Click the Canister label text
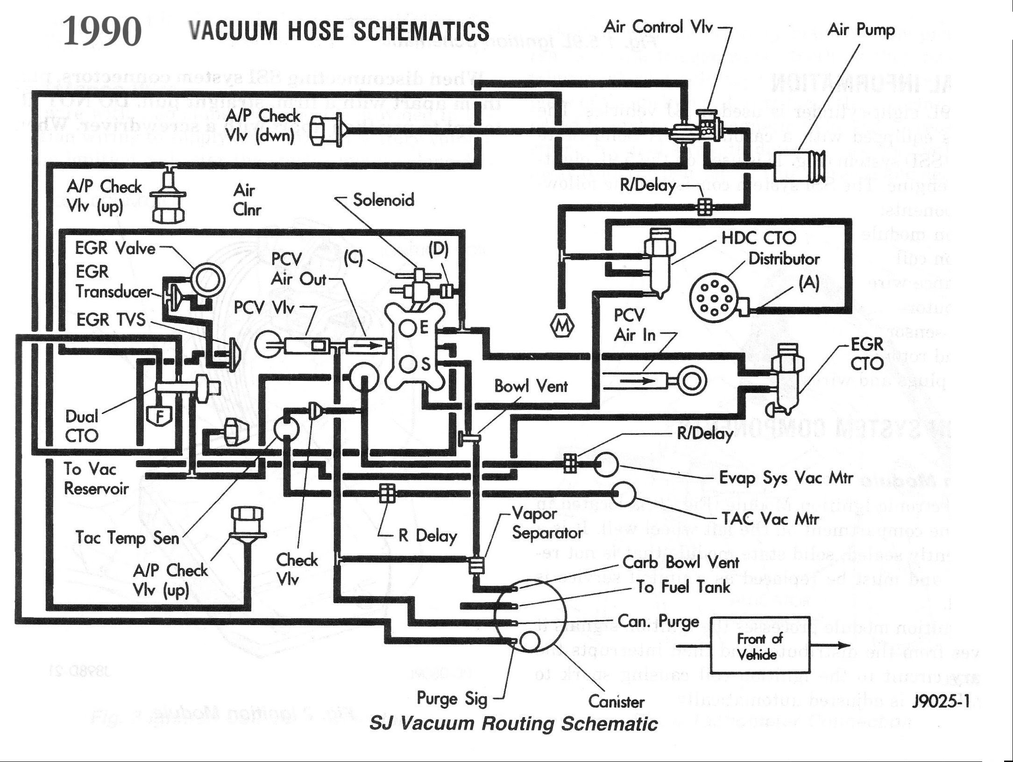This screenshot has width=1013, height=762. click(x=616, y=702)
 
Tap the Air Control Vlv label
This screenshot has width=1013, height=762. click(x=658, y=27)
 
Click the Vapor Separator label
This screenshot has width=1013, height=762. click(x=547, y=523)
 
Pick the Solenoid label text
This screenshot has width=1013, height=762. click(x=383, y=200)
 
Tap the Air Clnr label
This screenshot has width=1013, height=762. click(x=247, y=199)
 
